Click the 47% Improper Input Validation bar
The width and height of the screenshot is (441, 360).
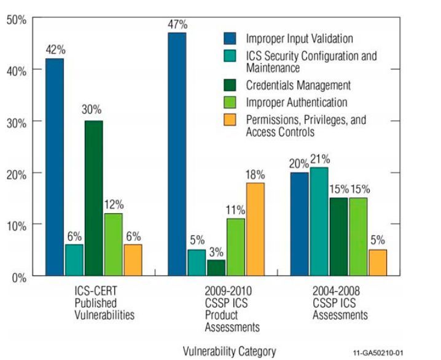(x=177, y=154)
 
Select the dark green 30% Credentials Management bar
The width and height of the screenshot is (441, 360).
(x=93, y=198)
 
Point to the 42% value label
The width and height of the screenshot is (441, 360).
(x=53, y=49)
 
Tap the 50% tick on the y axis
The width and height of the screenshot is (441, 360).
(x=17, y=20)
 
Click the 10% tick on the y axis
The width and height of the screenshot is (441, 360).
(x=17, y=225)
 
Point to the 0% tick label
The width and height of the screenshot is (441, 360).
(x=18, y=276)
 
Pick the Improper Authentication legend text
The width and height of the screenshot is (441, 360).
(x=296, y=103)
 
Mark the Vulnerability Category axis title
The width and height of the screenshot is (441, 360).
(x=229, y=351)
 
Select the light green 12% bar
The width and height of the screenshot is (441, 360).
(x=113, y=245)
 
